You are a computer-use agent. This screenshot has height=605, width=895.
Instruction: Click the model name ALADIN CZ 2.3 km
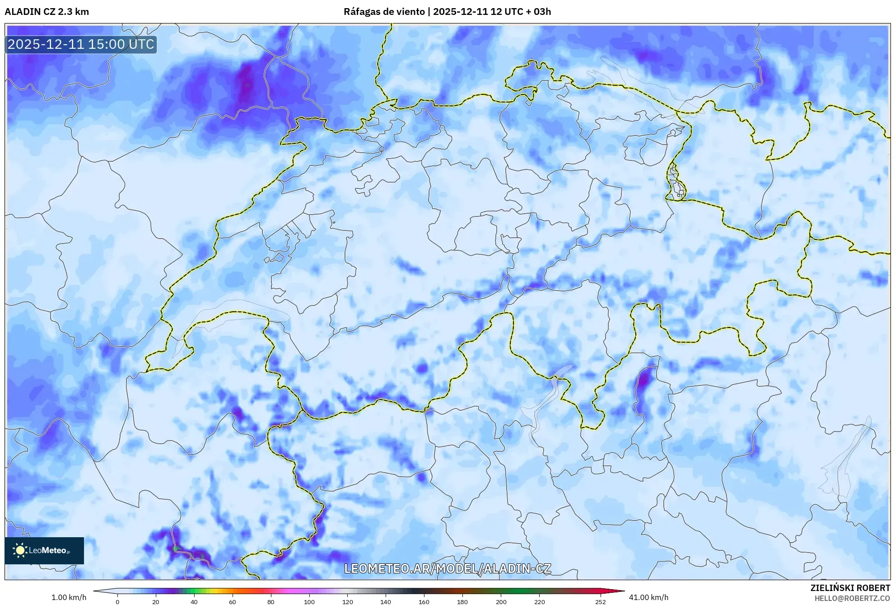pyautogui.click(x=47, y=12)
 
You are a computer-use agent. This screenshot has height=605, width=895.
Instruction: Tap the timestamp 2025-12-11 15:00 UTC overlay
pyautogui.click(x=81, y=44)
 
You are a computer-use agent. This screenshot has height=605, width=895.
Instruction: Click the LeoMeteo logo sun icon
pyautogui.click(x=20, y=550)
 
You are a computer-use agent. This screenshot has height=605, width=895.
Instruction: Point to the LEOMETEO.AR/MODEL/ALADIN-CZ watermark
pyautogui.click(x=447, y=568)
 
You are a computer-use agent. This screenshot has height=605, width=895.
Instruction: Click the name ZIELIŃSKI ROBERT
pyautogui.click(x=850, y=588)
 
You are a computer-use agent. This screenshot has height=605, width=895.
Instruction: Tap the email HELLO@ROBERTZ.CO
pyautogui.click(x=852, y=598)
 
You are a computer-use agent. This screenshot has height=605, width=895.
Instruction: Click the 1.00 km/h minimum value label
pyautogui.click(x=69, y=597)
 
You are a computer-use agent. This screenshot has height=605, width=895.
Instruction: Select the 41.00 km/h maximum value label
pyautogui.click(x=648, y=597)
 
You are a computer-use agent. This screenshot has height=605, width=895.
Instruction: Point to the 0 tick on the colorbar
pyautogui.click(x=117, y=601)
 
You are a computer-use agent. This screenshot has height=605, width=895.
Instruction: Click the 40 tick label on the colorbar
pyautogui.click(x=194, y=601)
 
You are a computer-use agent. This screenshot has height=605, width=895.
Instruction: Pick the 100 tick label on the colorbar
pyautogui.click(x=309, y=601)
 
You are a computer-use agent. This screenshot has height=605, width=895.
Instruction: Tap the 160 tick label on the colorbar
pyautogui.click(x=424, y=601)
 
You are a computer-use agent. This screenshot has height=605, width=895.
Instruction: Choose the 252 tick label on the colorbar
pyautogui.click(x=601, y=601)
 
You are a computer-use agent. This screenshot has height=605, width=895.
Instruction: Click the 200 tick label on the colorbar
pyautogui.click(x=501, y=601)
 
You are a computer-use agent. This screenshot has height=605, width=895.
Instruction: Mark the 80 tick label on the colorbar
pyautogui.click(x=271, y=601)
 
